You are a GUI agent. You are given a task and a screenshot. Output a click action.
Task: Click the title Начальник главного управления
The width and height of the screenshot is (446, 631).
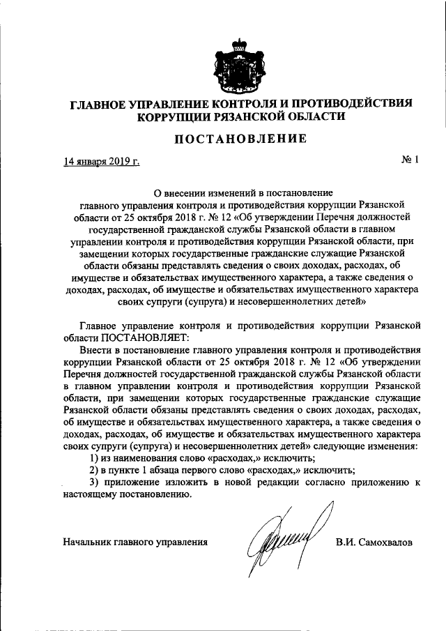pos(135,541)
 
